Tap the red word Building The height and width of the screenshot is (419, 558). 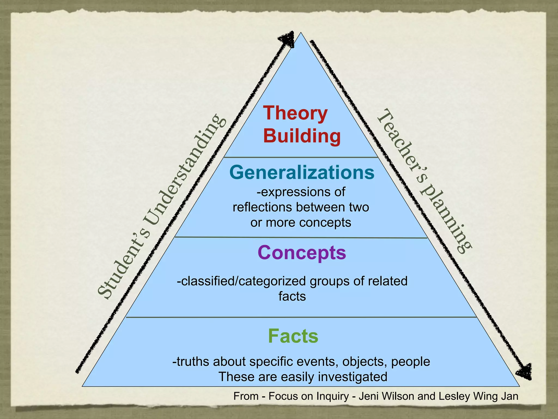(x=302, y=136)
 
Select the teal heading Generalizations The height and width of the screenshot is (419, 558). (x=302, y=172)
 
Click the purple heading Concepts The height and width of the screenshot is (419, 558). (x=302, y=253)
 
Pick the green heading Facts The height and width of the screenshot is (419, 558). (x=293, y=336)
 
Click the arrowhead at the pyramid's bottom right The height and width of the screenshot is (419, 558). (x=524, y=371)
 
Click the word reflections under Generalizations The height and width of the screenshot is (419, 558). (x=263, y=207)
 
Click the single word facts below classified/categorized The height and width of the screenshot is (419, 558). (x=292, y=296)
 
